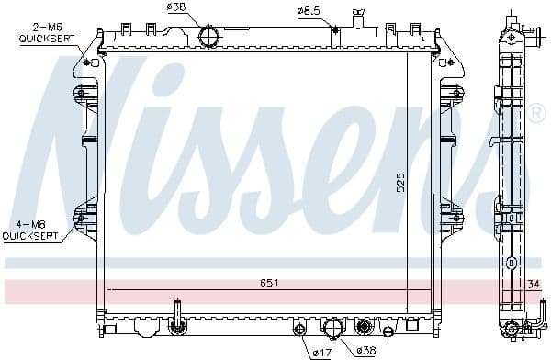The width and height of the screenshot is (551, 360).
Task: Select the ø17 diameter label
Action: click(322, 351)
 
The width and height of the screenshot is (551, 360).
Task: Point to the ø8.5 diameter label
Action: click(309, 10)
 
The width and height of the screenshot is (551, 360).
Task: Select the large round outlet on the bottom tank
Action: click(333, 328)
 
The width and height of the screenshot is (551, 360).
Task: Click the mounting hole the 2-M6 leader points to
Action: click(88, 62)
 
